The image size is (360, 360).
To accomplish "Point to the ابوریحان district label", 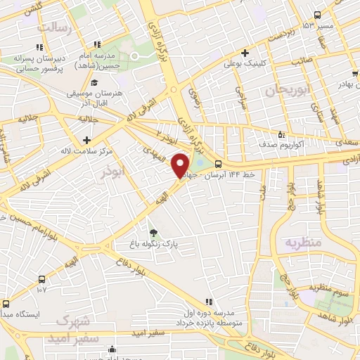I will pyautogui.click(x=286, y=90).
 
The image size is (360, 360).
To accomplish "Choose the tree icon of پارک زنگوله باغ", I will pyautogui.click(x=153, y=233).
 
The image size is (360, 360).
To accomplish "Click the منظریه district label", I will pyautogui.click(x=302, y=243).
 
